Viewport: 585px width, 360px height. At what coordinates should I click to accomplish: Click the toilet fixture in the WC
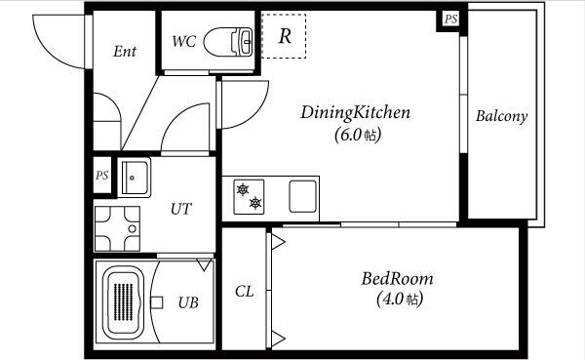pyautogui.click(x=228, y=42)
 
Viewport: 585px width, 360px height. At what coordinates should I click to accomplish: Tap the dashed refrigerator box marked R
pyautogui.click(x=284, y=36)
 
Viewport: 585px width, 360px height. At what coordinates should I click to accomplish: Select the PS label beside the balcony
pyautogui.click(x=450, y=19)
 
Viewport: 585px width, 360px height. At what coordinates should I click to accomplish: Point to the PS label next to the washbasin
pyautogui.click(x=101, y=176)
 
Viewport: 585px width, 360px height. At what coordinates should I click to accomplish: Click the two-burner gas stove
pyautogui.click(x=249, y=197)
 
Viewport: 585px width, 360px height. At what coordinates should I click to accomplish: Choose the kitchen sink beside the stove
pyautogui.click(x=303, y=196)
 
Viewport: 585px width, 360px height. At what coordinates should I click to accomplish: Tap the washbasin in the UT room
pyautogui.click(x=135, y=178)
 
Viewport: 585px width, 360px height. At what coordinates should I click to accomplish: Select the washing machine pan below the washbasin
pyautogui.click(x=117, y=228)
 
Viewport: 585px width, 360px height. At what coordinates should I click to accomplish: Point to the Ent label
pyautogui.click(x=125, y=51)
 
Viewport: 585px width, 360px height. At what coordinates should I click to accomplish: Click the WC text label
pyautogui.click(x=184, y=41)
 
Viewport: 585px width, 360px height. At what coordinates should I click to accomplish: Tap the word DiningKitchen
pyautogui.click(x=355, y=113)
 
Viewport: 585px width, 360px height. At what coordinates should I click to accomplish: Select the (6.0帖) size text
pyautogui.click(x=358, y=135)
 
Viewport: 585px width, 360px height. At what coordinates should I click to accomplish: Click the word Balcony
pyautogui.click(x=501, y=116)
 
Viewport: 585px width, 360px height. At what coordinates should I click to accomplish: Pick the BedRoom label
pyautogui.click(x=398, y=279)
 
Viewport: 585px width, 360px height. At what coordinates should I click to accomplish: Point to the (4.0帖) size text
pyautogui.click(x=400, y=299)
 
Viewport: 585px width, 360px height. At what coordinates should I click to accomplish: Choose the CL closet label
pyautogui.click(x=245, y=292)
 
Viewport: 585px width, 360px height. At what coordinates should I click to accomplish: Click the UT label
pyautogui.click(x=181, y=209)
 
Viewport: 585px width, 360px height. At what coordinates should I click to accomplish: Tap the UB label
pyautogui.click(x=188, y=302)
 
